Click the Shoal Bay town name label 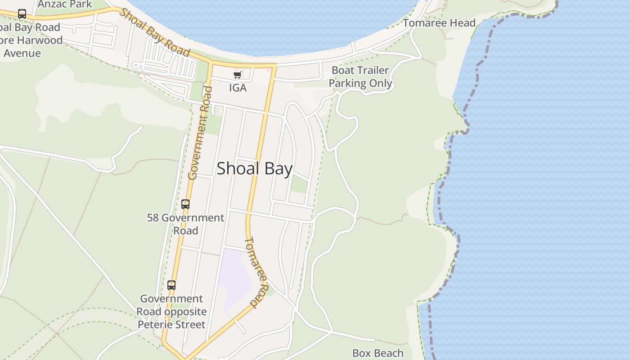255,169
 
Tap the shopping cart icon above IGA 237,75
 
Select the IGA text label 238,88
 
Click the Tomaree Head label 439,23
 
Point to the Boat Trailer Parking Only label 360,77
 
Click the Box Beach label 378,353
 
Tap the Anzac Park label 65,4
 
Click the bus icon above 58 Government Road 185,204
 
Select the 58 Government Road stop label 185,224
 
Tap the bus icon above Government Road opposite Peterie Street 171,285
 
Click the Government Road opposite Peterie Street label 171,311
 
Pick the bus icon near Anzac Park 22,14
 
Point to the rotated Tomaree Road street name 256,272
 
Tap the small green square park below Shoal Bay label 299,184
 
